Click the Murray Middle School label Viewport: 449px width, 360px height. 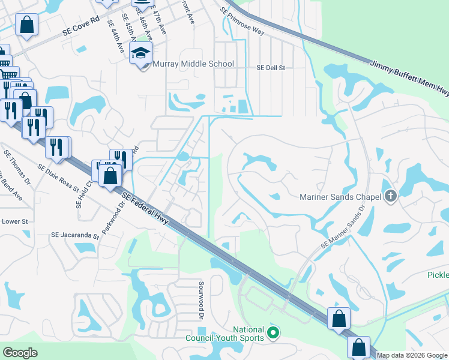[x=193, y=64]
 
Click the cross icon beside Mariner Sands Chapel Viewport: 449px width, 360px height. [x=391, y=196]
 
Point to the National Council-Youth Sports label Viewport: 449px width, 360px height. [x=249, y=334]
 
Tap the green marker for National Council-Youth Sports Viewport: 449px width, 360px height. [x=274, y=332]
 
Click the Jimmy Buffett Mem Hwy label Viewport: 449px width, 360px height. [x=409, y=76]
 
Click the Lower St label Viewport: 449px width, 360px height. [x=15, y=221]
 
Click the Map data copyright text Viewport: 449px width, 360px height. [x=411, y=355]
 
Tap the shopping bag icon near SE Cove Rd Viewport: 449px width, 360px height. [x=26, y=25]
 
